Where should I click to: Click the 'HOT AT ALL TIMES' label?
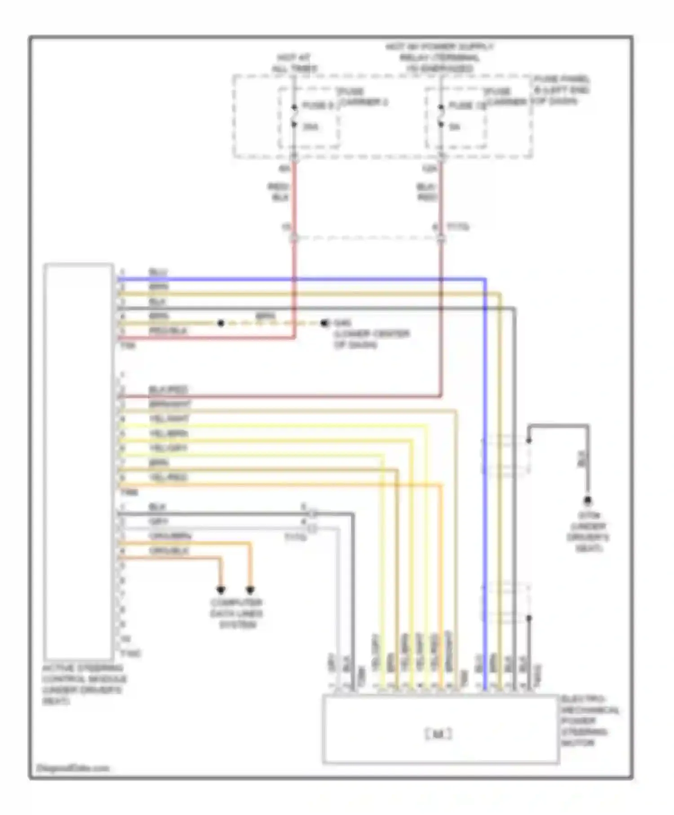(294, 63)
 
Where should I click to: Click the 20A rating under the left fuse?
(310, 127)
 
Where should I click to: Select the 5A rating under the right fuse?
(455, 127)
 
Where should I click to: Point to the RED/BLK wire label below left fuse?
(279, 192)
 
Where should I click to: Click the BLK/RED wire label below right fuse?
(427, 192)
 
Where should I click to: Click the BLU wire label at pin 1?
(158, 272)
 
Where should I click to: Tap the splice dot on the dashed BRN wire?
(221, 323)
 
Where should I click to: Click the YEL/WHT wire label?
(169, 419)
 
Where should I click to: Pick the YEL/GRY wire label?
(168, 448)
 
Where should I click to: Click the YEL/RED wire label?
(168, 477)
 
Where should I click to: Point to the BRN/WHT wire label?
(170, 404)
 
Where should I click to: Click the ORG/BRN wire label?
(170, 536)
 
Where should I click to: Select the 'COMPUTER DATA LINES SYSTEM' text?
(237, 613)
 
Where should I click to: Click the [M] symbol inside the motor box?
(438, 735)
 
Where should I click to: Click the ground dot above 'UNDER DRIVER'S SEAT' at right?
(587, 500)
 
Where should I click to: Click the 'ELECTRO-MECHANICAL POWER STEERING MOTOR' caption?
(590, 721)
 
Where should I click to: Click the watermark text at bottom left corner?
(72, 768)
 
